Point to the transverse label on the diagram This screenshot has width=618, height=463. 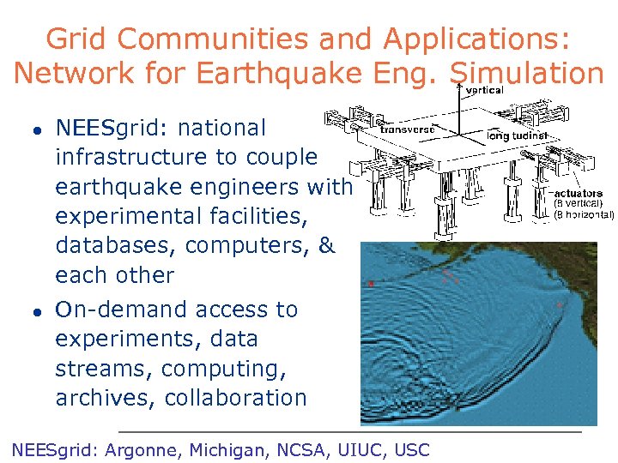[x=408, y=129]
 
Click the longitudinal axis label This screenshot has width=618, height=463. [x=516, y=135]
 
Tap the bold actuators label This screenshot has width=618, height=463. [x=579, y=193]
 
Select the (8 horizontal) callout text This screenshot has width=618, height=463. [x=584, y=213]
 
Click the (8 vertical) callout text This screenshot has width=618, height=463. [x=578, y=203]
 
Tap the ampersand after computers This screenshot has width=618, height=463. [x=326, y=245]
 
